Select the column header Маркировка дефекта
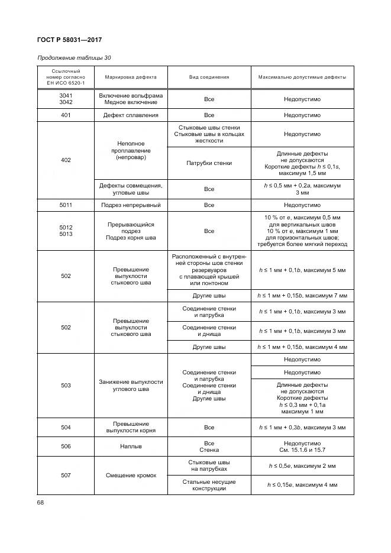pyautogui.click(x=131, y=77)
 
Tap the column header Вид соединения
pyautogui.click(x=209, y=77)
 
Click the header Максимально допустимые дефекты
pyautogui.click(x=302, y=77)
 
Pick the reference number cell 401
pyautogui.click(x=66, y=115)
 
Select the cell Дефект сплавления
pyautogui.click(x=131, y=115)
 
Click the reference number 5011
pyautogui.click(x=66, y=205)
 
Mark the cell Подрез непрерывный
pyautogui.click(x=131, y=205)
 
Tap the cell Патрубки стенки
pyautogui.click(x=209, y=163)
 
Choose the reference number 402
pyautogui.click(x=66, y=160)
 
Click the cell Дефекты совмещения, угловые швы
pyautogui.click(x=131, y=189)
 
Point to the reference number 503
pyautogui.click(x=66, y=386)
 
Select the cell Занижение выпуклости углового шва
pyautogui.click(x=131, y=386)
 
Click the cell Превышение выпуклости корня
pyautogui.click(x=131, y=427)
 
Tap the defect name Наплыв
pyautogui.click(x=131, y=447)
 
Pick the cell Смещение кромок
pyautogui.click(x=131, y=476)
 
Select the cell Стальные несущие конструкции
pyautogui.click(x=209, y=485)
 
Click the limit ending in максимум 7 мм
pyautogui.click(x=302, y=295)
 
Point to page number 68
pyautogui.click(x=41, y=503)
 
